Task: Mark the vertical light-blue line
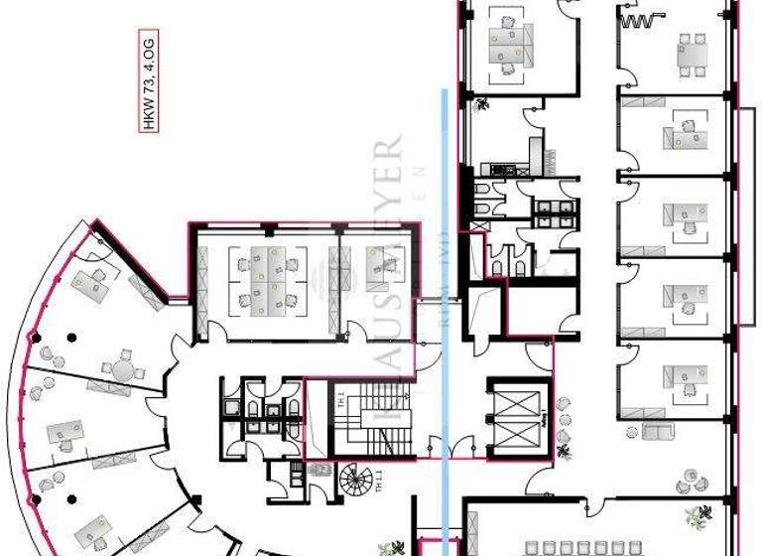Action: pyautogui.click(x=445, y=298)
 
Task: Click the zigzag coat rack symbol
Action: pyautogui.click(x=640, y=19)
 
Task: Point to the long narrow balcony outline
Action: pyautogui.click(x=745, y=214)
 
